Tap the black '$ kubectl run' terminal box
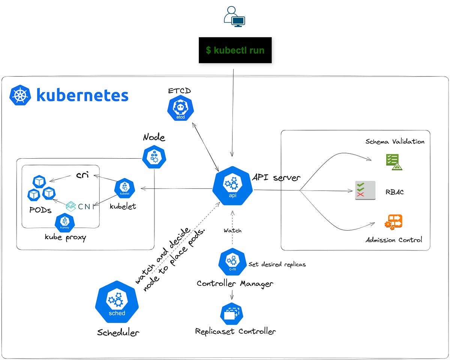[x=235, y=50]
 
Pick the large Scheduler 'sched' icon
[x=117, y=302]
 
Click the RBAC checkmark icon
[x=365, y=190]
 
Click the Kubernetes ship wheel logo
[x=19, y=94]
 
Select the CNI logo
[x=79, y=205]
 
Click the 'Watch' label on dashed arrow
[x=232, y=230]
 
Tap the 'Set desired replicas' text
[x=277, y=264]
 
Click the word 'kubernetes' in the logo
[x=82, y=95]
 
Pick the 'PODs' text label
[x=40, y=210]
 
